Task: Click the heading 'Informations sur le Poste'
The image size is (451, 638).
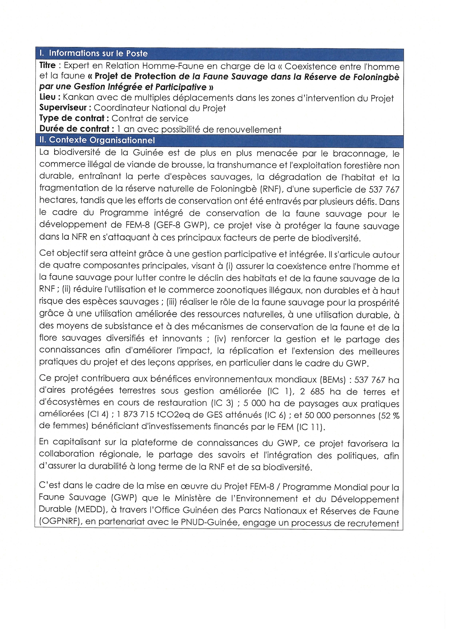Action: (x=98, y=53)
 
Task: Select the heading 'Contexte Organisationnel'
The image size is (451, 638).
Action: (x=102, y=140)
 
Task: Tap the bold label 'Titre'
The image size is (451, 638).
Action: (x=48, y=65)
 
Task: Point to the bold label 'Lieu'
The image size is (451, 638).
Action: (x=48, y=97)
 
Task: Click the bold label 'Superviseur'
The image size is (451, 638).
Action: (x=63, y=108)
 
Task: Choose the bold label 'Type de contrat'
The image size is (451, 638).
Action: (x=72, y=118)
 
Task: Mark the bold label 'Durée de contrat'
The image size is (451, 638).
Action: (x=75, y=129)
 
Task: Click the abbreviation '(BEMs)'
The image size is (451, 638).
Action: (x=332, y=380)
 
